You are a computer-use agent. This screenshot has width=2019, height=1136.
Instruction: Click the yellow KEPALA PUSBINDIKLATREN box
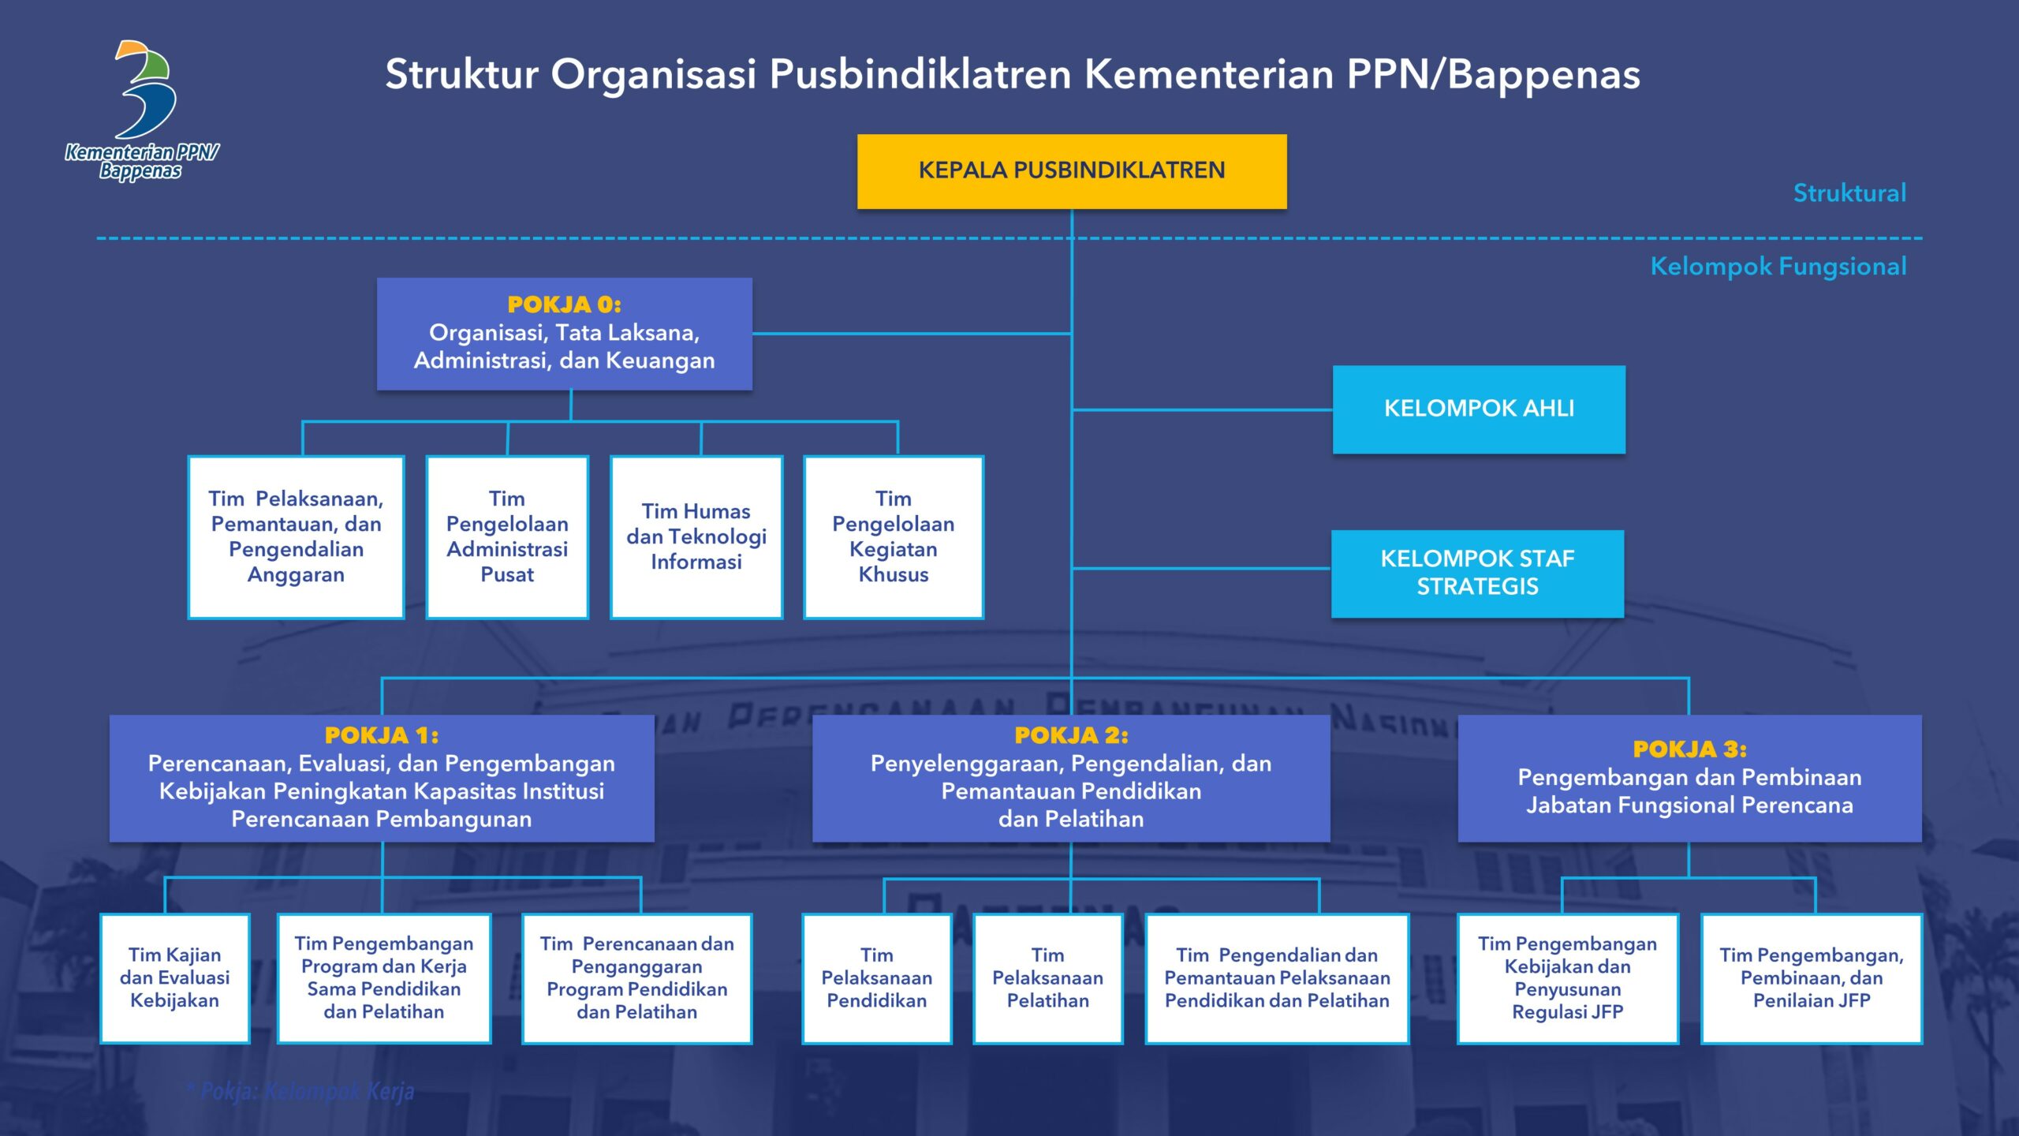click(1071, 171)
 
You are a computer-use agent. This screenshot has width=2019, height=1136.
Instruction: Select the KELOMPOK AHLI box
click(1478, 409)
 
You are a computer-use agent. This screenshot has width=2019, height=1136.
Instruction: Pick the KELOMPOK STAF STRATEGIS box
click(1476, 573)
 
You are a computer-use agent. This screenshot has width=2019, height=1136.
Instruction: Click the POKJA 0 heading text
click(564, 305)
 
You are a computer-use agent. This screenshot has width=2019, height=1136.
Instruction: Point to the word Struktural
click(1849, 193)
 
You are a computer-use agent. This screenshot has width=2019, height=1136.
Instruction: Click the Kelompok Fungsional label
click(1778, 267)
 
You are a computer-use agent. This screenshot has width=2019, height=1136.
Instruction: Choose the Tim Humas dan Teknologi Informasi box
click(696, 536)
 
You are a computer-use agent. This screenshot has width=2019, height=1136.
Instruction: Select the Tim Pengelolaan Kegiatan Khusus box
click(893, 536)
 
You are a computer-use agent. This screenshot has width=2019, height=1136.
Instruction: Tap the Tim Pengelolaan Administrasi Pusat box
click(507, 536)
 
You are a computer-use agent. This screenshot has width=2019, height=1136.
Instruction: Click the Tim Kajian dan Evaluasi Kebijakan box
click(174, 978)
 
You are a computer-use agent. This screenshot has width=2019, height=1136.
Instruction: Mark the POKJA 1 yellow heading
click(381, 735)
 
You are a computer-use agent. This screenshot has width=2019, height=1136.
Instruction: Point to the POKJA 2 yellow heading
click(1071, 735)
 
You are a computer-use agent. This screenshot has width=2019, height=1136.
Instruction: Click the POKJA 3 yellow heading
click(1689, 749)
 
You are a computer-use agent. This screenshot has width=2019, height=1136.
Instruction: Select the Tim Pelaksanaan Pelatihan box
click(1047, 978)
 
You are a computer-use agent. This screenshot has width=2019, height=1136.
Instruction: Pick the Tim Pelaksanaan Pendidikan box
click(876, 978)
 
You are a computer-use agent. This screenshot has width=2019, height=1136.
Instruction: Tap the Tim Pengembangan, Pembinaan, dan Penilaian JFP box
click(1811, 978)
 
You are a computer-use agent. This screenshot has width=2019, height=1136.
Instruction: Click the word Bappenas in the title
click(1543, 75)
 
